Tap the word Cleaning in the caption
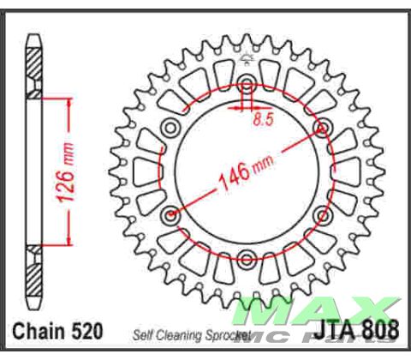pyautogui.click(x=176, y=334)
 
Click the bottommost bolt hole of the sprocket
pyautogui.click(x=247, y=256)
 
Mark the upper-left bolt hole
pyautogui.click(x=171, y=128)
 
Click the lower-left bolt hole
pyautogui.click(x=171, y=213)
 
